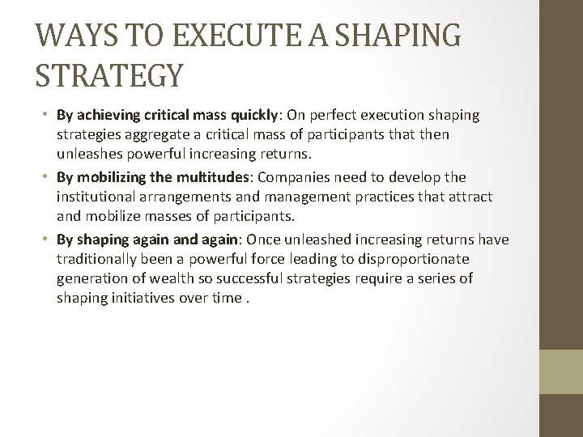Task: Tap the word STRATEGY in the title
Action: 109,77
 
